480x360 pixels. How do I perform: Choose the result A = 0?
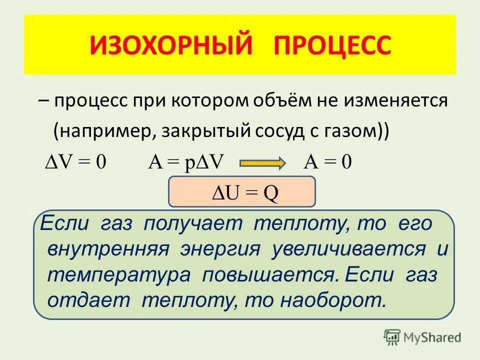pyautogui.click(x=327, y=163)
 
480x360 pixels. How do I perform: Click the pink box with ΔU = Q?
pyautogui.click(x=242, y=191)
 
